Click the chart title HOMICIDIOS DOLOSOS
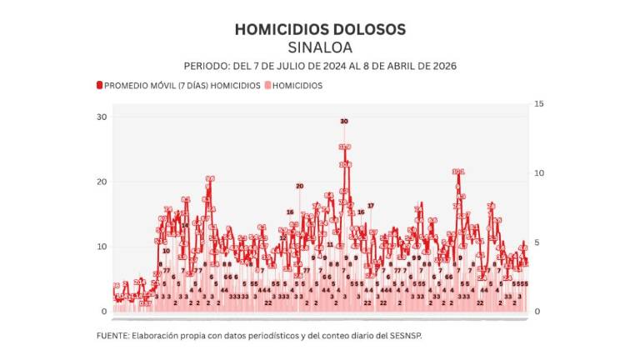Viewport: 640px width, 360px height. coord(320,29)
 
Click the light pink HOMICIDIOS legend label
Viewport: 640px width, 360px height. coord(297,85)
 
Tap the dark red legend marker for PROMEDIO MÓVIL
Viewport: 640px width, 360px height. coord(99,85)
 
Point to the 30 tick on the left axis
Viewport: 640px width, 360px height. coord(102,117)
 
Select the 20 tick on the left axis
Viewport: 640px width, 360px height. coord(102,182)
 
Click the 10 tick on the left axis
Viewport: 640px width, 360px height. coord(102,247)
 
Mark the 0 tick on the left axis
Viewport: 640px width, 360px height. coord(104,312)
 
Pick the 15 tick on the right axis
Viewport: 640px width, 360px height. coord(539,103)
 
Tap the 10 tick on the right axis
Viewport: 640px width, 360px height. coord(539,173)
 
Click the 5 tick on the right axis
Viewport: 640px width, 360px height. coord(537,242)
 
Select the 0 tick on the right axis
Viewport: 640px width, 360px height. coord(537,312)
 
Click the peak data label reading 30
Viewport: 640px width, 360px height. coord(343,122)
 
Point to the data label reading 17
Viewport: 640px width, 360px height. coord(371,205)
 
